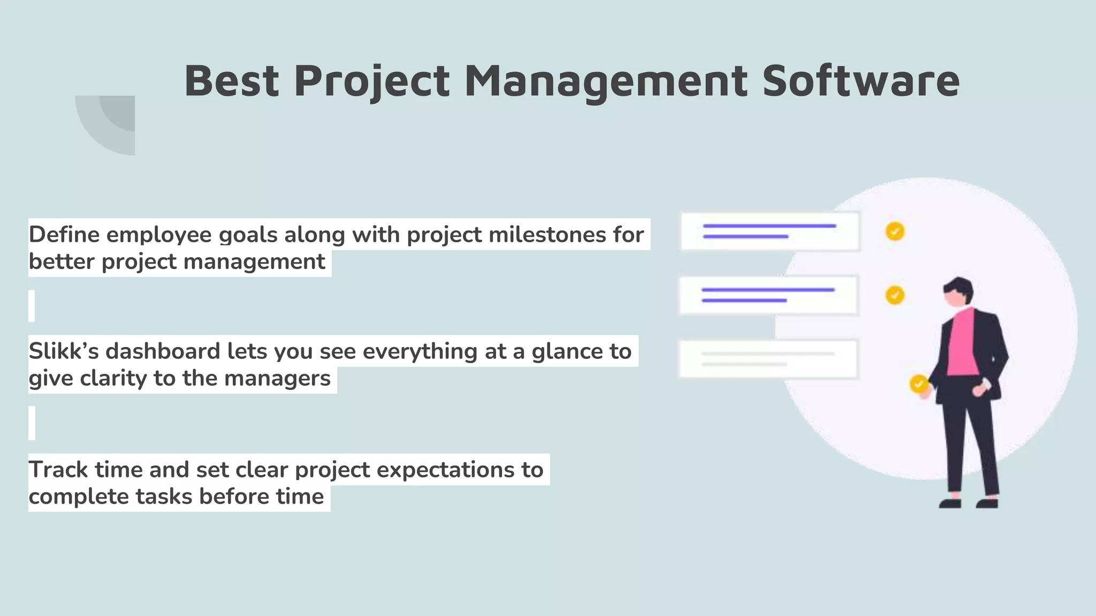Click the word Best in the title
[231, 81]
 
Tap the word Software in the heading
[861, 81]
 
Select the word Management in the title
[605, 81]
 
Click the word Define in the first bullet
[64, 235]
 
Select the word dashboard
[163, 351]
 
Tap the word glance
[566, 351]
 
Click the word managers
[277, 378]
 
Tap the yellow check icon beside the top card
[895, 232]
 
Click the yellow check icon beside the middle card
[895, 295]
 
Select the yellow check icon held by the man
[919, 383]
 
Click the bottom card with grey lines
[768, 359]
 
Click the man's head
[958, 292]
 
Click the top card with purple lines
[770, 232]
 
